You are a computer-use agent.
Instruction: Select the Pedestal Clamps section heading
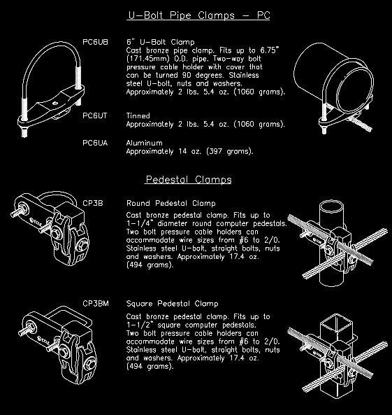point(189,180)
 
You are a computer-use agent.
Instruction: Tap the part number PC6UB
point(95,42)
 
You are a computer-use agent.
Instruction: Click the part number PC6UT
point(95,115)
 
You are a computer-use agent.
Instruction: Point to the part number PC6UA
point(95,143)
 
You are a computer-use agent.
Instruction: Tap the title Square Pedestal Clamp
point(172,304)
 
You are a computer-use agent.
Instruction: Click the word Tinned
point(138,115)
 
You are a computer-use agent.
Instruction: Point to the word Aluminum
point(144,143)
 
